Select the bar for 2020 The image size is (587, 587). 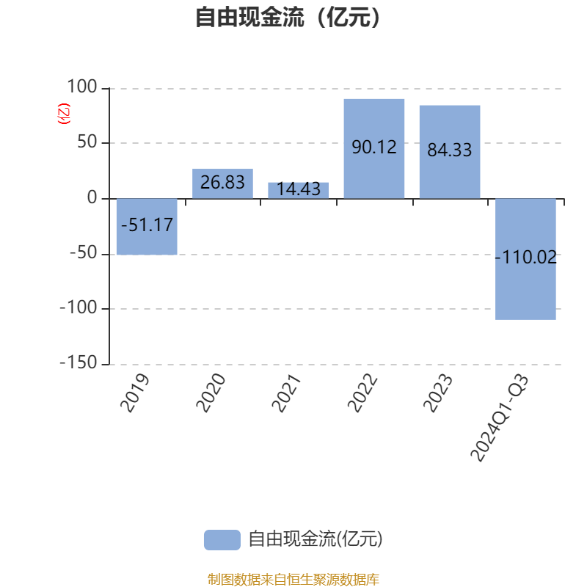[x=222, y=183]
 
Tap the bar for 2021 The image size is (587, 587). [x=298, y=190]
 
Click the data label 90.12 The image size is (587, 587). [x=373, y=147]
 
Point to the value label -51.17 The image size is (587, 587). [x=147, y=225]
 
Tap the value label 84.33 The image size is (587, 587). [x=449, y=150]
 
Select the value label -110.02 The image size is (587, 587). [x=525, y=258]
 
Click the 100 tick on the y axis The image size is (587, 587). [x=81, y=87]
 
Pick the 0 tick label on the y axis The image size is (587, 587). [x=92, y=198]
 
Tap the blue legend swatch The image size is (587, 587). [x=222, y=539]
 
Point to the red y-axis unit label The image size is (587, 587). [x=64, y=113]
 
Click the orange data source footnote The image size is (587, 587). [x=293, y=580]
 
